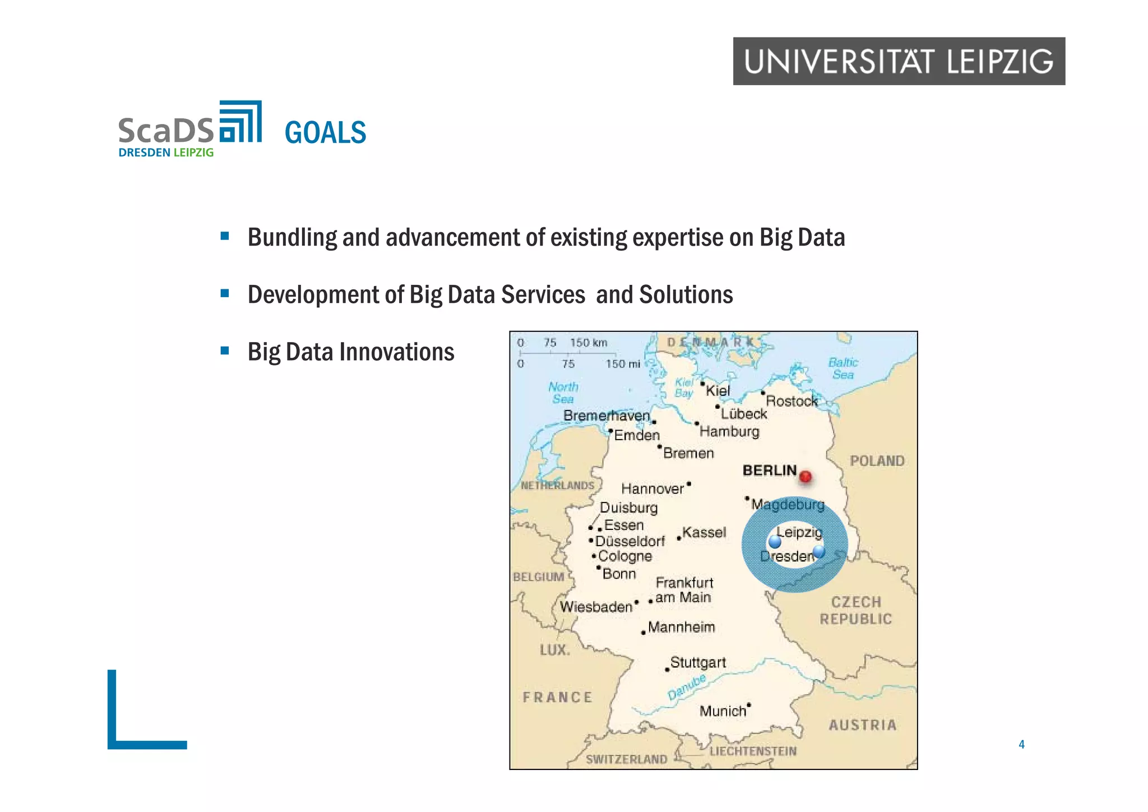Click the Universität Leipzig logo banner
coord(899,61)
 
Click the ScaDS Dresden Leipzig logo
coord(189,130)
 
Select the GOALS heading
coord(325,133)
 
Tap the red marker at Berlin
coord(806,477)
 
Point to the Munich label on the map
coord(723,711)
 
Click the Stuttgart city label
coord(698,662)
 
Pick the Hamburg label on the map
coord(729,431)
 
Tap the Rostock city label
coord(791,401)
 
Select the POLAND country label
coord(877,461)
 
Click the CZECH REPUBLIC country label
coord(856,611)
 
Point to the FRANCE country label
coord(557,698)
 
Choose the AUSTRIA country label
coord(863,725)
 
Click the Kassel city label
coord(704,532)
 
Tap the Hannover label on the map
coord(652,489)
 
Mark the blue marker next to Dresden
coord(819,551)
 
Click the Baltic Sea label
coord(843,368)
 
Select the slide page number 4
coord(1021,744)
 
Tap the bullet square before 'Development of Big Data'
coord(225,293)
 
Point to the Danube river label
coord(687,687)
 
